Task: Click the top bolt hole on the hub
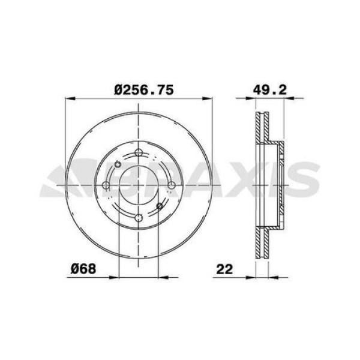(x=139, y=152)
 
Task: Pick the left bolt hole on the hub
(x=106, y=185)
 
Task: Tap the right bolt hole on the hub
(x=172, y=185)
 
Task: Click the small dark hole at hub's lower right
(x=160, y=206)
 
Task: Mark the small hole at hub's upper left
(x=118, y=164)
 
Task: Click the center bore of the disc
(x=139, y=185)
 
